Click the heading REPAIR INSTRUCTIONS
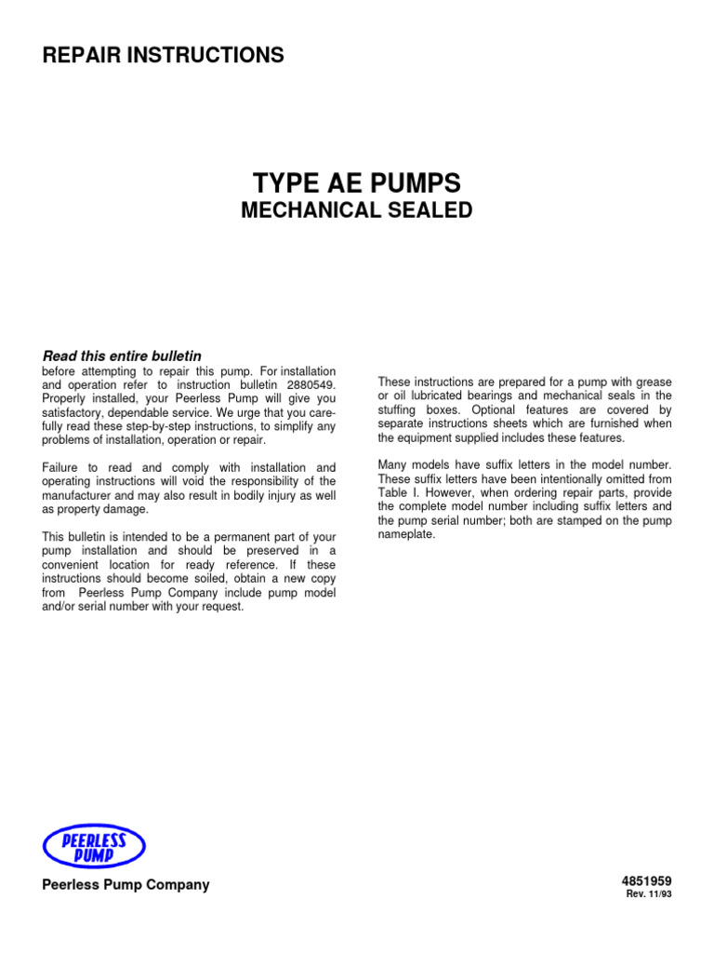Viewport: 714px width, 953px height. pyautogui.click(x=164, y=56)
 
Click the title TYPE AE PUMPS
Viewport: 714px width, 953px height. pyautogui.click(x=357, y=181)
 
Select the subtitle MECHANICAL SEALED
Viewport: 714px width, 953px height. pyautogui.click(x=357, y=210)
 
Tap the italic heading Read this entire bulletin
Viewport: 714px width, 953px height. pyautogui.click(x=123, y=356)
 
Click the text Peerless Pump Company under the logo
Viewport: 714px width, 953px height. pyautogui.click(x=126, y=884)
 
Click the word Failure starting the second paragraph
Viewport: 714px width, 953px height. pyautogui.click(x=63, y=467)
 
